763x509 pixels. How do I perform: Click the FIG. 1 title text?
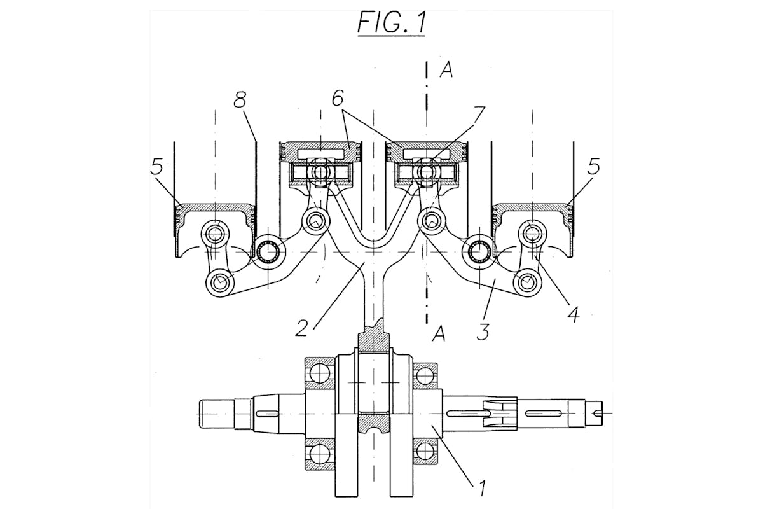pos(392,23)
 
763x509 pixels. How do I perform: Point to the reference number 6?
pos(338,97)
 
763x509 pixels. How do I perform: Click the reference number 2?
pos(302,328)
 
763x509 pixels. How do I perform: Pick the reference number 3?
pos(483,331)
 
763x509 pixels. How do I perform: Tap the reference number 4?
pos(573,314)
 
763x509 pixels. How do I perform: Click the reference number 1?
pos(482,498)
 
